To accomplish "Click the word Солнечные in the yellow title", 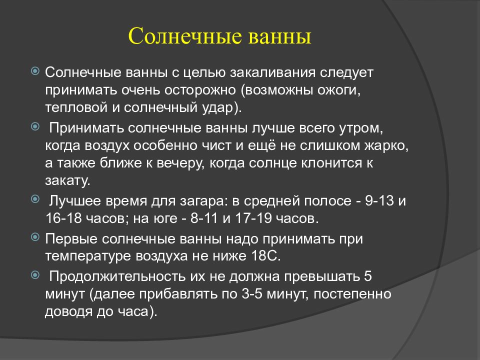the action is pyautogui.click(x=185, y=36).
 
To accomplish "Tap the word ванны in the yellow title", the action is pyautogui.click(x=279, y=36).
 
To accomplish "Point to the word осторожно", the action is pyautogui.click(x=200, y=90).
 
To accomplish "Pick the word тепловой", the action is pyautogui.click(x=76, y=108).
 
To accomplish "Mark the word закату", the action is pyautogui.click(x=67, y=180).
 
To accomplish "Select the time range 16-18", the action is pyautogui.click(x=63, y=218).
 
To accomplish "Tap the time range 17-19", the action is pyautogui.click(x=253, y=218).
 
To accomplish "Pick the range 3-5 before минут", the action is pyautogui.click(x=252, y=294).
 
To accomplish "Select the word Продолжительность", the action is pyautogui.click(x=117, y=276).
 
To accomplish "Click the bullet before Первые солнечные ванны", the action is pyautogui.click(x=35, y=236).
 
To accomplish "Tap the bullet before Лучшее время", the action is pyautogui.click(x=35, y=199).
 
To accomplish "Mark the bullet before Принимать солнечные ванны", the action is pyautogui.click(x=35, y=126).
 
